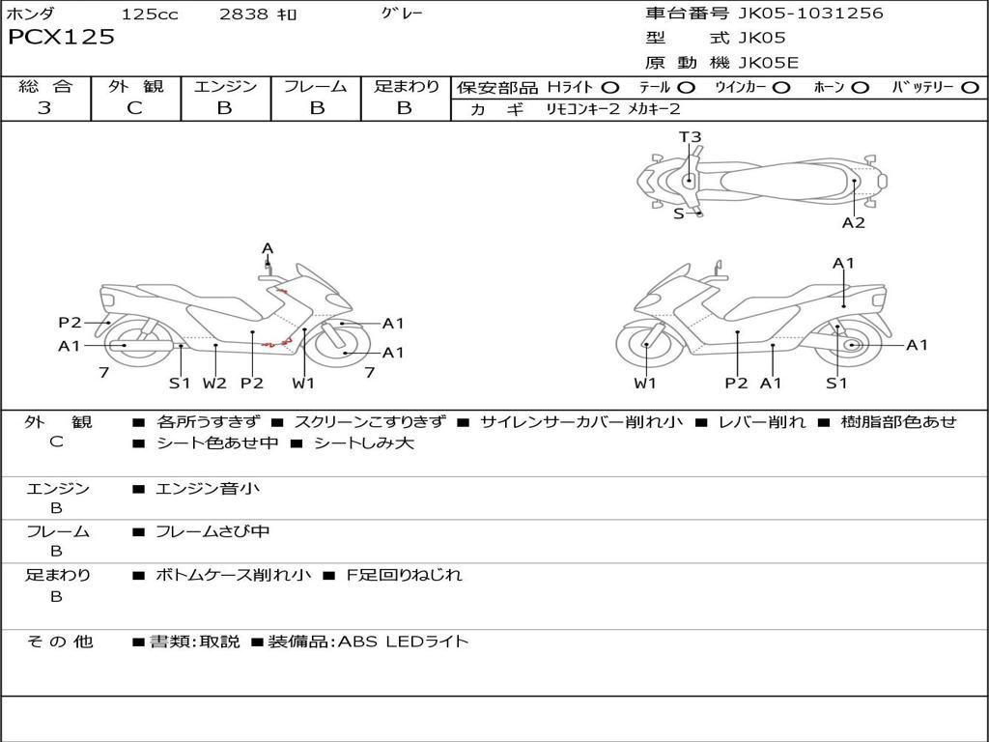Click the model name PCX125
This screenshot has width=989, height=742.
61,37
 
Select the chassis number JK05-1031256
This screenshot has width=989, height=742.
810,13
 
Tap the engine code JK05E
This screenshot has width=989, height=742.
768,63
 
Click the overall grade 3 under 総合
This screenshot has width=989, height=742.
44,107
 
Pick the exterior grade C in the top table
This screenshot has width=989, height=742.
135,107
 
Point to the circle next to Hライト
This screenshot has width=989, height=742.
609,88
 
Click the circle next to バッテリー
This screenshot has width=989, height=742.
970,88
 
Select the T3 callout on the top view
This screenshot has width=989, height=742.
690,137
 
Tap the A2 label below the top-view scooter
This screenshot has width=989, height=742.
854,223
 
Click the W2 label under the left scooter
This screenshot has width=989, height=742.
214,383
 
